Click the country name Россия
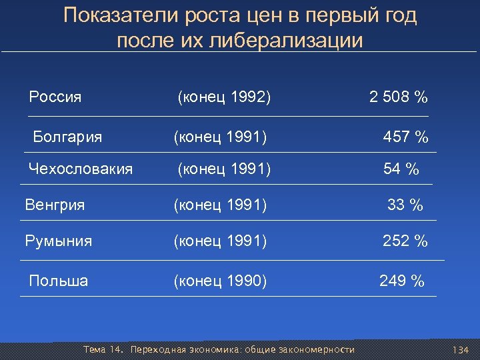[x=55, y=97]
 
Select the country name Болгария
[x=67, y=137]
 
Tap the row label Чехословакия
[x=81, y=169]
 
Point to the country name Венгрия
[x=55, y=205]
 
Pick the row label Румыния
[x=58, y=241]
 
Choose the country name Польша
[x=59, y=281]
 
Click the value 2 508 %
[x=399, y=97]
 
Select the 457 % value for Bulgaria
[x=405, y=138]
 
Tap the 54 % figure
[x=401, y=170]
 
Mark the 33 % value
[x=405, y=205]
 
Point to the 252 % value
[x=405, y=241]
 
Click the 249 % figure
[x=401, y=281]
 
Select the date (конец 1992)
[x=224, y=97]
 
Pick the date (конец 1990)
[x=220, y=281]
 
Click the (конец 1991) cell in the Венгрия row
[x=220, y=205]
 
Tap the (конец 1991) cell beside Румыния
[x=220, y=241]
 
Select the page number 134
[x=461, y=350]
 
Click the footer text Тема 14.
[x=104, y=350]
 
